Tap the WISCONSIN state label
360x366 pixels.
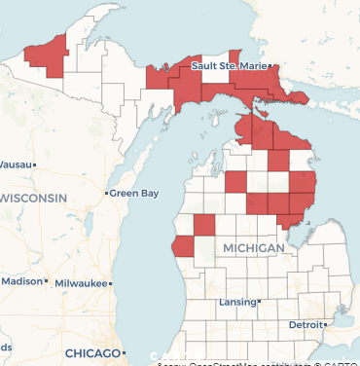click(x=35, y=198)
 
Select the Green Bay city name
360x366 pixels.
click(x=134, y=194)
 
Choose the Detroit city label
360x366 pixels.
click(x=307, y=323)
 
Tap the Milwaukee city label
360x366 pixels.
click(x=81, y=282)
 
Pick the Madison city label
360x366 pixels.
click(x=21, y=280)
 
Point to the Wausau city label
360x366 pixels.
click(x=14, y=165)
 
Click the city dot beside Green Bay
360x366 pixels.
click(x=106, y=194)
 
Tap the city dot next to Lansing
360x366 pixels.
click(x=260, y=302)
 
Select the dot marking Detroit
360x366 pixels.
click(x=332, y=323)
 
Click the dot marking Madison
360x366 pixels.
click(x=47, y=281)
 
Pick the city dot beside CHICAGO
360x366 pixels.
click(x=125, y=351)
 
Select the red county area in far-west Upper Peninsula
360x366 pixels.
click(x=49, y=55)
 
